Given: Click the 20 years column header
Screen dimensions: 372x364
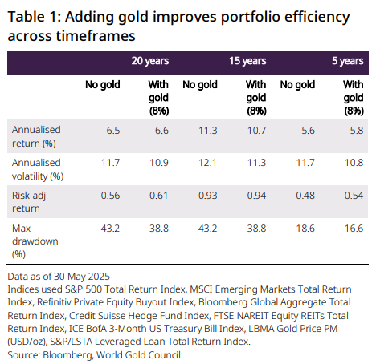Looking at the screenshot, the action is pyautogui.click(x=150, y=61).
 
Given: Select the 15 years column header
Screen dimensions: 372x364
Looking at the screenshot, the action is pyautogui.click(x=247, y=61).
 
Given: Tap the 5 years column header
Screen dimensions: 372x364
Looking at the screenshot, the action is pyautogui.click(x=348, y=61).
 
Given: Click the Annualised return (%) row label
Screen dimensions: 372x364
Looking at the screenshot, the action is pyautogui.click(x=36, y=136).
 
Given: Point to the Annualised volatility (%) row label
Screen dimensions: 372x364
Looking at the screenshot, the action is pyautogui.click(x=38, y=169).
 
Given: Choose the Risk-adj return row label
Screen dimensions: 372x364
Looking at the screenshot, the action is pyautogui.click(x=29, y=202).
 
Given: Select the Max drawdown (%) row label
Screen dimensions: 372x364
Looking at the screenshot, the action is pyautogui.click(x=35, y=241).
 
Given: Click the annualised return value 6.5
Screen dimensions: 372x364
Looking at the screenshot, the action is pyautogui.click(x=113, y=131).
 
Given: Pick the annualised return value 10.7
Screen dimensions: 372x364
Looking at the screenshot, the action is pyautogui.click(x=256, y=131).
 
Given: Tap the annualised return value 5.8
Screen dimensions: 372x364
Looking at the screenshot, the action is pyautogui.click(x=357, y=131).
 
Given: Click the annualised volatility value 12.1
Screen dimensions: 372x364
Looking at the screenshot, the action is pyautogui.click(x=207, y=163).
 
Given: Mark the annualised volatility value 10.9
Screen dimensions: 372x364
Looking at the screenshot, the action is pyautogui.click(x=159, y=163).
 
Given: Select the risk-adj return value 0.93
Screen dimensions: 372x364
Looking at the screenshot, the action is pyautogui.click(x=208, y=196).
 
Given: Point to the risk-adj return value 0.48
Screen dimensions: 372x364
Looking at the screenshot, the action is pyautogui.click(x=305, y=196).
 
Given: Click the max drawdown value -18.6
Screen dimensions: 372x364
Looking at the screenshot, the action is pyautogui.click(x=304, y=229).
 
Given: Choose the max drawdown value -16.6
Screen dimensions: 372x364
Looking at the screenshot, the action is pyautogui.click(x=353, y=229).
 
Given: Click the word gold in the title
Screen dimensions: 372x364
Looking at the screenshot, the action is pyautogui.click(x=133, y=18).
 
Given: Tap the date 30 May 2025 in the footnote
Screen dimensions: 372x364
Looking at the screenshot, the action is pyautogui.click(x=82, y=277).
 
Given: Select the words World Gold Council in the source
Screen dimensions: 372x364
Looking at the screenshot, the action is pyautogui.click(x=138, y=355).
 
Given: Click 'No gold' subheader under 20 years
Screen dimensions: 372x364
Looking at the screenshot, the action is pyautogui.click(x=103, y=85).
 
